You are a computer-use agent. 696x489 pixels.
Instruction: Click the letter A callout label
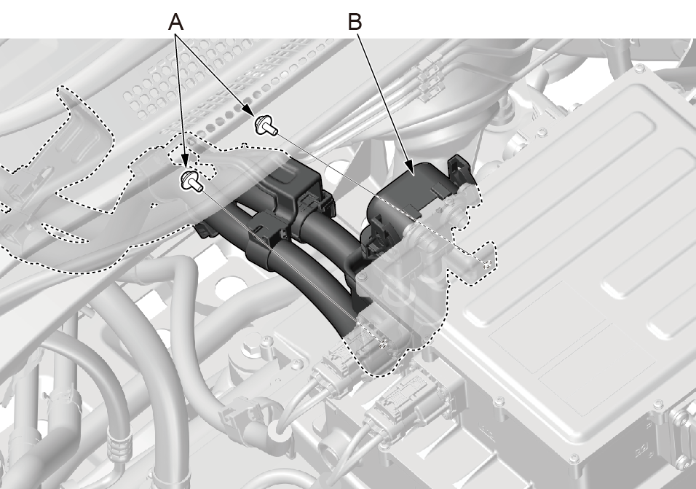(175, 21)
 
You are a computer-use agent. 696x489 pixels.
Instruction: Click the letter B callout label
(355, 21)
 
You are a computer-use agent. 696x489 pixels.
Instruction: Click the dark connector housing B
(408, 193)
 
